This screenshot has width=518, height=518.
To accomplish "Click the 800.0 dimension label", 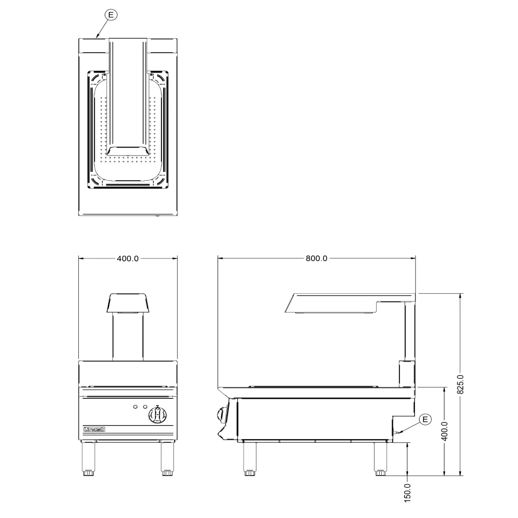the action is tap(316, 258).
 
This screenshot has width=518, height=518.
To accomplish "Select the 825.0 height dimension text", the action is tap(460, 384).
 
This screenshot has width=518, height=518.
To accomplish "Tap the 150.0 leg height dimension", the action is tap(407, 493).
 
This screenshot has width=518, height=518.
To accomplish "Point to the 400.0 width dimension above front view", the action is tap(127, 258).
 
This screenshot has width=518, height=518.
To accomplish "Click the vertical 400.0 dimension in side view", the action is tap(444, 431).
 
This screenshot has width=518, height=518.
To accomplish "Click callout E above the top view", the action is tap(111, 15).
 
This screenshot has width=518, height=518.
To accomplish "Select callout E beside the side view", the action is tap(425, 419).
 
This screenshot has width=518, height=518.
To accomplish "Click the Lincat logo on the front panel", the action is tap(94, 429).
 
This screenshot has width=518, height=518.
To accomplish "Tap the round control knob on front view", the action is tap(157, 414).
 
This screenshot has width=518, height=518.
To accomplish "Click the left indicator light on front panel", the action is tap(135, 406).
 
